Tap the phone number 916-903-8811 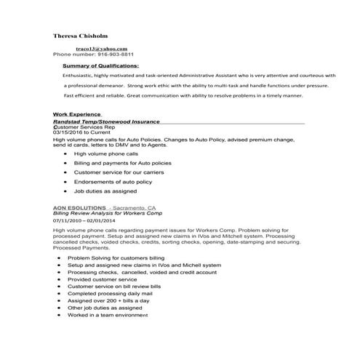click(113, 54)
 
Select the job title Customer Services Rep click(84, 127)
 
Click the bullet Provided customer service click(101, 279)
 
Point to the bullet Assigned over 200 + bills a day click(108, 300)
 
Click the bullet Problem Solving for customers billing click(116, 258)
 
